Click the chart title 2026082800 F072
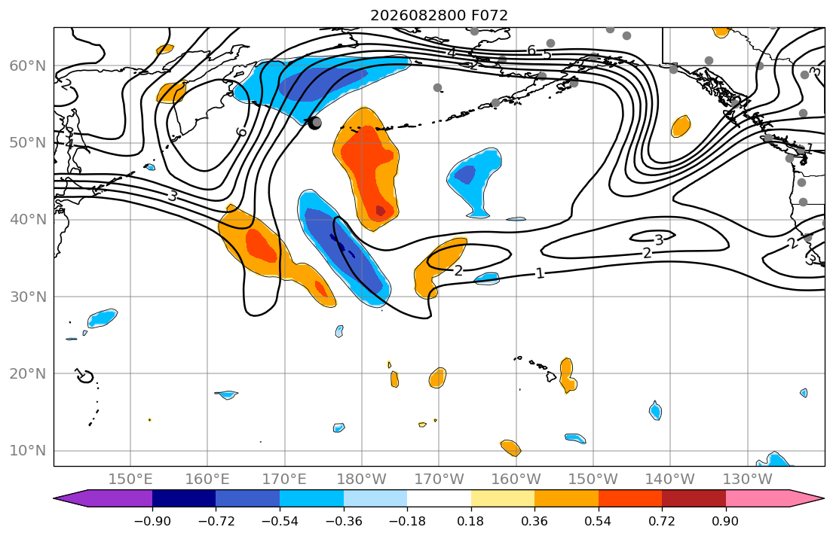439,15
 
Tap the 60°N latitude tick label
28,65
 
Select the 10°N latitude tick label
28,451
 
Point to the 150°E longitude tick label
130,480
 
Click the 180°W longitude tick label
362,480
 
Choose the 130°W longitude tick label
748,480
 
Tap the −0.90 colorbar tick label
152,521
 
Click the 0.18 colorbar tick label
470,521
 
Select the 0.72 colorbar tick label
662,521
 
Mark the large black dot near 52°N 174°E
314,123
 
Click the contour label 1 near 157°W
540,273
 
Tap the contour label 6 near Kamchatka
242,131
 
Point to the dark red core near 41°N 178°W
381,211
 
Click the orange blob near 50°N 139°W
681,126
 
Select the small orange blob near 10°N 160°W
511,448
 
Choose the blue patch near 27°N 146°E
102,318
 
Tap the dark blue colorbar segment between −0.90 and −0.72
184,498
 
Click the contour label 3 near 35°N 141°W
660,240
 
